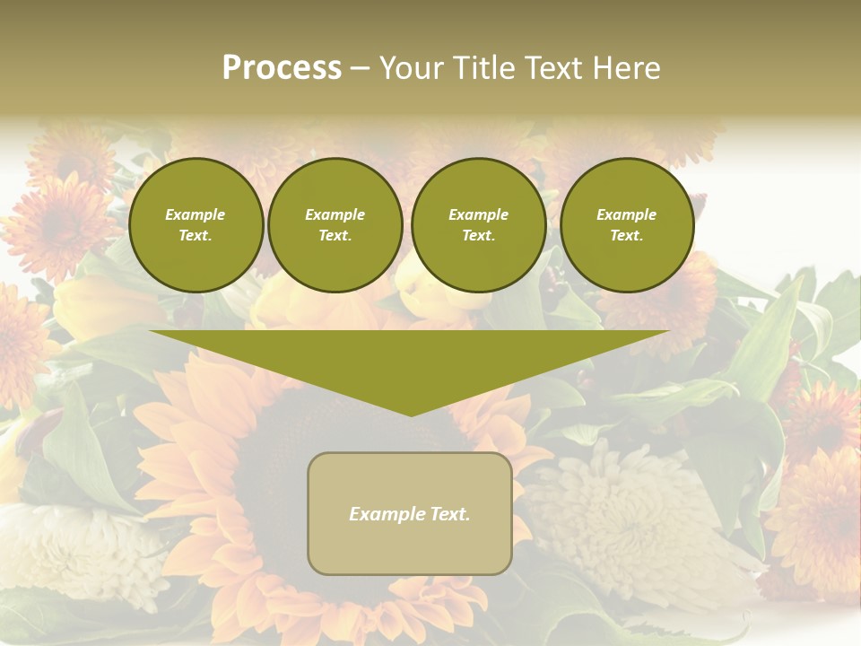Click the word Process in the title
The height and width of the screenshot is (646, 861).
(282, 68)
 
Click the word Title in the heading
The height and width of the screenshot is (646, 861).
(484, 68)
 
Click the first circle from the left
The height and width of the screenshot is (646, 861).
(196, 225)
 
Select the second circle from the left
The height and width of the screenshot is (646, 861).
(335, 225)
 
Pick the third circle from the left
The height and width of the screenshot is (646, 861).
(479, 225)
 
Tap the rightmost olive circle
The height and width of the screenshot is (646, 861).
(627, 225)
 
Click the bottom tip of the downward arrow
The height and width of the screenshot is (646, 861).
(411, 414)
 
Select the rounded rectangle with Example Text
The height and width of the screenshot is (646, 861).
(410, 513)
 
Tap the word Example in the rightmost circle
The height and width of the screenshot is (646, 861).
(627, 214)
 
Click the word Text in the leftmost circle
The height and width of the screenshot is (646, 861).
(196, 236)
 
